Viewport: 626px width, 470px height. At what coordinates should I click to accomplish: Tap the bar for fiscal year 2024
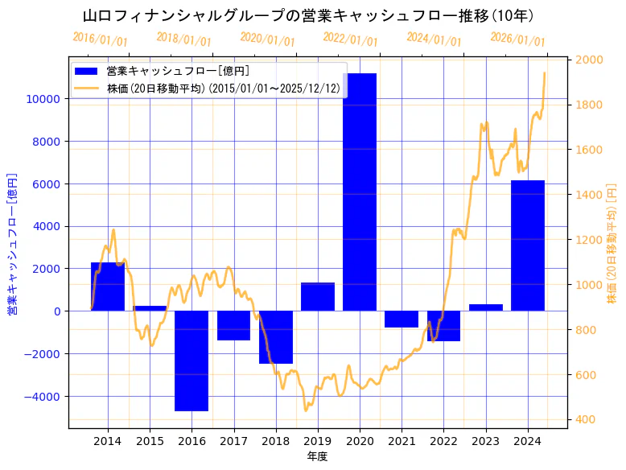(527, 245)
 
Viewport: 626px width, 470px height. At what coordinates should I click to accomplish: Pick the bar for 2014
(108, 287)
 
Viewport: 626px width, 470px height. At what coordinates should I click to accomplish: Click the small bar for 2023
(485, 307)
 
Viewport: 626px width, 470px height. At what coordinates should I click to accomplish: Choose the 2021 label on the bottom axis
(402, 441)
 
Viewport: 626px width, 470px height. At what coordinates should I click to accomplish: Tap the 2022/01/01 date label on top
(350, 39)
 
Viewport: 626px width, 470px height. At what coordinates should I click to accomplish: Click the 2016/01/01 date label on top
(99, 39)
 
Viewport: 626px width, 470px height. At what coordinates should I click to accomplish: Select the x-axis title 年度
(317, 456)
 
